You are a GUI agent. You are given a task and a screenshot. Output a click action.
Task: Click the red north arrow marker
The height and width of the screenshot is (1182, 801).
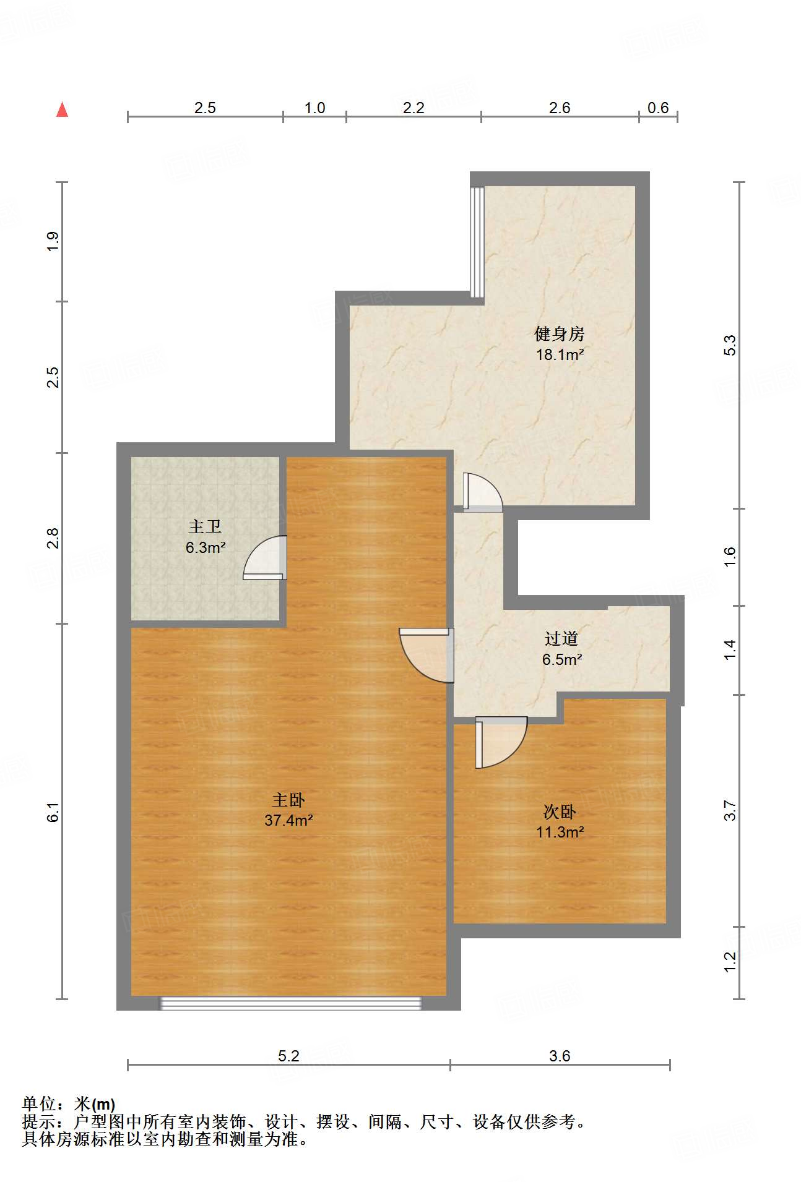coord(62,109)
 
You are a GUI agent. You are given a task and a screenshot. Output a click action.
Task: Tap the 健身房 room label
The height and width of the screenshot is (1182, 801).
coord(559,334)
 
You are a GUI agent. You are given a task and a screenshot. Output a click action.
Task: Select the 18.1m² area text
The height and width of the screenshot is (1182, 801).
coord(560,354)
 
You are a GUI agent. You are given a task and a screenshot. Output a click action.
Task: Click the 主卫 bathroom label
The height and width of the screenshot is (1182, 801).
coord(205,526)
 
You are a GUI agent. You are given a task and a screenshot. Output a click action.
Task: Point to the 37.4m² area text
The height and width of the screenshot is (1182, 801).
coord(288,820)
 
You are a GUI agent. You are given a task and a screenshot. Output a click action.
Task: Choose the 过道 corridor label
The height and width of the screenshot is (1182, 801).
coord(561,638)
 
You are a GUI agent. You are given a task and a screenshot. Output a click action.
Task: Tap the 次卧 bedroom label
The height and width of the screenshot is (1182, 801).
coord(560,811)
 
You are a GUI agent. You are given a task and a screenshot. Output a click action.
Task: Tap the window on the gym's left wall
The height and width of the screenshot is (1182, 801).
coord(477,241)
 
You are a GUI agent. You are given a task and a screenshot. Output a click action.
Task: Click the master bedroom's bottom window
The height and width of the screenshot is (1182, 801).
coord(290,1003)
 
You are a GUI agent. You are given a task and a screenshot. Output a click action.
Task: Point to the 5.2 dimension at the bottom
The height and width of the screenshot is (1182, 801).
coord(288,1055)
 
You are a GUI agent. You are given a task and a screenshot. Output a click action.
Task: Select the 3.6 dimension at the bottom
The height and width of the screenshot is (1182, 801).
coord(560,1055)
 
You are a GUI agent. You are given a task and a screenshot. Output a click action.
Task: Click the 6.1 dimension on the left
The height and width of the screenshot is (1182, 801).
coord(53,812)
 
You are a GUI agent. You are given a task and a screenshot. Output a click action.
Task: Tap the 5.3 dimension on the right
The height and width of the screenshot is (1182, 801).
coord(730,345)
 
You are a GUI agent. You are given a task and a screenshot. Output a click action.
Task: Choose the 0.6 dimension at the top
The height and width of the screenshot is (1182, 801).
coord(657,108)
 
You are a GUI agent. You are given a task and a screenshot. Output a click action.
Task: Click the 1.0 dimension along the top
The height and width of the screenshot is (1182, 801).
coord(314,108)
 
